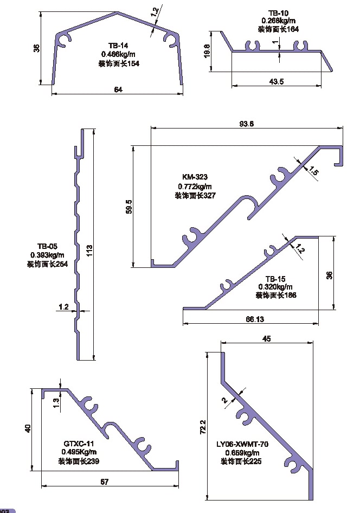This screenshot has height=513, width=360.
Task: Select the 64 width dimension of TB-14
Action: pyautogui.click(x=118, y=90)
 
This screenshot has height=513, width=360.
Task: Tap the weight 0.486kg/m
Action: pyautogui.click(x=118, y=54)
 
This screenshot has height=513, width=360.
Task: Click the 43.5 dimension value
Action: pyautogui.click(x=276, y=81)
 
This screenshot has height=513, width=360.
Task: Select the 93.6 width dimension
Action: pyautogui.click(x=247, y=123)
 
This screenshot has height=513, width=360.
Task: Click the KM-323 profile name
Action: pyautogui.click(x=195, y=177)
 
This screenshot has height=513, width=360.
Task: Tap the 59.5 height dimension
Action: pyautogui.click(x=128, y=207)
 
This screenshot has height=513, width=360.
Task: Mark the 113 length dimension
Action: pyautogui.click(x=89, y=249)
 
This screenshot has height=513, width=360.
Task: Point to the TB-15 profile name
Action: pyautogui.click(x=275, y=278)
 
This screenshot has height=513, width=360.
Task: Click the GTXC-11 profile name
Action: pyautogui.click(x=79, y=443)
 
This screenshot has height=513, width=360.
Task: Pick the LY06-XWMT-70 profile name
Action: pyautogui.click(x=241, y=443)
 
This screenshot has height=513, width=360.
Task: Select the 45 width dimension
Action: pyautogui.click(x=266, y=339)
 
